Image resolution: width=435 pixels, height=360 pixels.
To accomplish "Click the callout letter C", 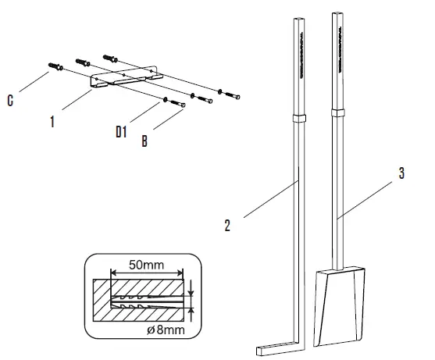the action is pyautogui.click(x=10, y=101).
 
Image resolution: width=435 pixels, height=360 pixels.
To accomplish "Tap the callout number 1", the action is pyautogui.click(x=52, y=122).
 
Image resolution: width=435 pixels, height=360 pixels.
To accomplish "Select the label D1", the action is pyautogui.click(x=121, y=131).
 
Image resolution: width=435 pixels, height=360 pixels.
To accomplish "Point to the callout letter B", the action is pyautogui.click(x=144, y=141).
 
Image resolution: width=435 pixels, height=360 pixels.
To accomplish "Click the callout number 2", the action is pyautogui.click(x=227, y=226).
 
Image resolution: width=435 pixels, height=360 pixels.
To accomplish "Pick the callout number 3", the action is pyautogui.click(x=401, y=173).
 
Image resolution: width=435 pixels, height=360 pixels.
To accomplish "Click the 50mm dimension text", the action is pyautogui.click(x=147, y=265).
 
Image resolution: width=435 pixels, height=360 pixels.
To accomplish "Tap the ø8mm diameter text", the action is pyautogui.click(x=166, y=330).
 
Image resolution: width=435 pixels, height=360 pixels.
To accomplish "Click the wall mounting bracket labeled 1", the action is pyautogui.click(x=127, y=77).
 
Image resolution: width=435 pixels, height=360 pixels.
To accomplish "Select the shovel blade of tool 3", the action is pyautogui.click(x=339, y=306).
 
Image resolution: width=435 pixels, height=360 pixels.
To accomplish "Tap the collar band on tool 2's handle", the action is pyautogui.click(x=299, y=119).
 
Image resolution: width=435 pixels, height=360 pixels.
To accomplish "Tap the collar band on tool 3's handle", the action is pyautogui.click(x=338, y=113).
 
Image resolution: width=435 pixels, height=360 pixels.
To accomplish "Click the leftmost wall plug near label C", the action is pyautogui.click(x=55, y=66).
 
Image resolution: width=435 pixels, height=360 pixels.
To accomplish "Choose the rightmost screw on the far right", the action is pyautogui.click(x=232, y=95).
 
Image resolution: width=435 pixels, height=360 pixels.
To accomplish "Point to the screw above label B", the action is pyautogui.click(x=177, y=104).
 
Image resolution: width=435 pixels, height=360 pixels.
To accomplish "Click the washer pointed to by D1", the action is pyautogui.click(x=165, y=100).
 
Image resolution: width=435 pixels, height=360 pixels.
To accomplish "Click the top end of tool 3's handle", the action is pyautogui.click(x=337, y=12).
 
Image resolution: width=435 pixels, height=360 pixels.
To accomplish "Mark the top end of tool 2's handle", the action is pyautogui.click(x=299, y=20).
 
